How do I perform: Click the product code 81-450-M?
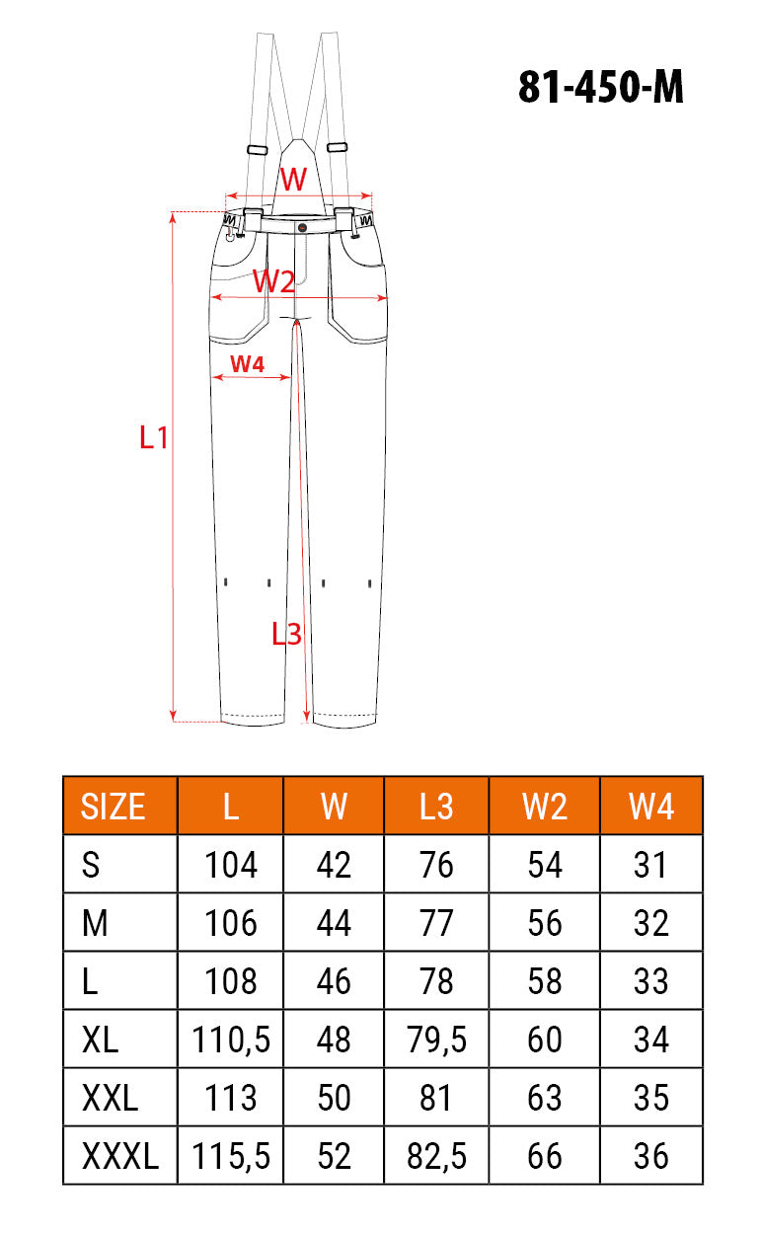601,87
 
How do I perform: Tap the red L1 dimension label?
154,438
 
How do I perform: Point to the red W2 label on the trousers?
273,281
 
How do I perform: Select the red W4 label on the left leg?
247,364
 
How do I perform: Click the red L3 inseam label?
286,634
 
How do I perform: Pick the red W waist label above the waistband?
293,179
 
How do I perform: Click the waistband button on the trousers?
302,227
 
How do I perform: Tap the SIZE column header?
113,807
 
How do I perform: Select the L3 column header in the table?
436,807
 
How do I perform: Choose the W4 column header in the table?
651,807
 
